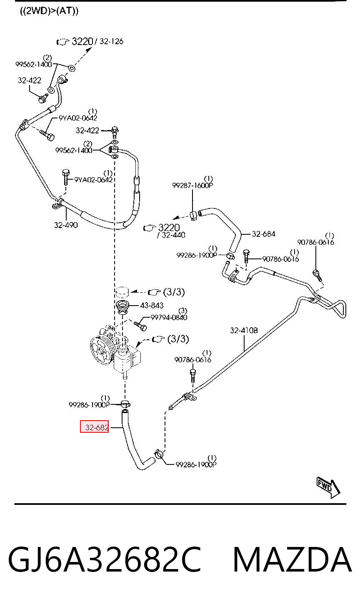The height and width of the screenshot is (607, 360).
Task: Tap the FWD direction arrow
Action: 328,487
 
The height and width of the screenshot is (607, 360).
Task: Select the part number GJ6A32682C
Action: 105,559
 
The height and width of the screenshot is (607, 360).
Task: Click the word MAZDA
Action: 292,559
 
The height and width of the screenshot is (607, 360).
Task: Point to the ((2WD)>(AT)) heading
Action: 49,11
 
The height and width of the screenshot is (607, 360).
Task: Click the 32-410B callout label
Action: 244,330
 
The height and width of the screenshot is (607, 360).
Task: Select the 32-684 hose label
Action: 263,234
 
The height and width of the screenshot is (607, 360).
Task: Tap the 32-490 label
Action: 66,225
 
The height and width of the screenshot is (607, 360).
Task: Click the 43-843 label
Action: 152,306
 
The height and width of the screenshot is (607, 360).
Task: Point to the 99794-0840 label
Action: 169,317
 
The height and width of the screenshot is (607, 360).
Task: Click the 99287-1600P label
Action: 192,186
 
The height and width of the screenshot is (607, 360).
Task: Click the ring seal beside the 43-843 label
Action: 123,306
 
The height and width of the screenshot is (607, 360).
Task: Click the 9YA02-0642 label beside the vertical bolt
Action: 93,180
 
